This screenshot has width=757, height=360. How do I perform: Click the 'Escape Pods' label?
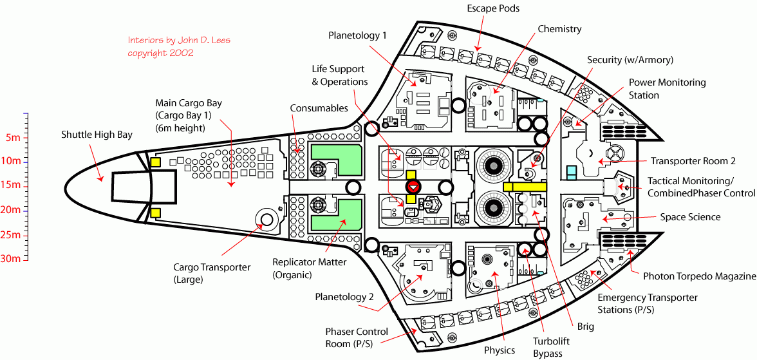click(x=494, y=8)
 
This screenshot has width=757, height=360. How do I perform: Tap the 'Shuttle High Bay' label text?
click(x=97, y=135)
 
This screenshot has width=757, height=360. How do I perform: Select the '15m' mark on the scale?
click(x=12, y=185)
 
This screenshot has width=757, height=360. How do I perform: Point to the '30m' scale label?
click(x=12, y=259)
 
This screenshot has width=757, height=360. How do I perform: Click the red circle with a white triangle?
click(x=413, y=187)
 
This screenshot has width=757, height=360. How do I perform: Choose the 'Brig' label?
click(x=586, y=327)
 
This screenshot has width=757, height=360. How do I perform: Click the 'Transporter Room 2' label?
click(x=693, y=162)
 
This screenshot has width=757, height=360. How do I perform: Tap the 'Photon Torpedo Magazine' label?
click(x=700, y=276)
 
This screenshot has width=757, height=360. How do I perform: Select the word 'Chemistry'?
click(x=559, y=29)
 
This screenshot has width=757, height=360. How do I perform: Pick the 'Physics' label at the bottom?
click(x=500, y=350)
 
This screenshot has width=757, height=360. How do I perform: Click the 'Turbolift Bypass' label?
click(x=548, y=348)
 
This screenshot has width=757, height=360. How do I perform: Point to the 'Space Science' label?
click(x=690, y=218)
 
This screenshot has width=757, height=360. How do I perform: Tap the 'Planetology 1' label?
click(x=357, y=35)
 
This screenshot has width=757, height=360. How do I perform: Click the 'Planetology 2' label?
click(x=344, y=297)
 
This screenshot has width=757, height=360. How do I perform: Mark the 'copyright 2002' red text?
click(x=160, y=53)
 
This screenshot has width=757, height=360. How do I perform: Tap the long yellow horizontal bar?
click(x=525, y=186)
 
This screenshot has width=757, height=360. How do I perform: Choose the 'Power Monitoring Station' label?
click(x=667, y=89)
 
